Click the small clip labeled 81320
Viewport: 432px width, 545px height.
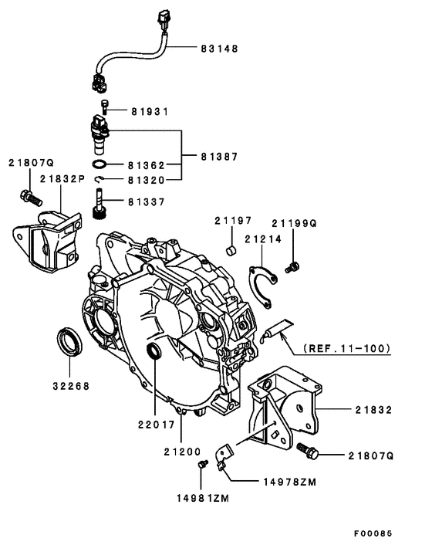(100, 181)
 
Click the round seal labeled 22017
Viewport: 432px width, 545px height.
(155, 354)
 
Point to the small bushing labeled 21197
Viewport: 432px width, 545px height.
(230, 249)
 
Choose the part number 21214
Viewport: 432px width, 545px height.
(263, 239)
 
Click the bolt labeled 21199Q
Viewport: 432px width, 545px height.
(292, 267)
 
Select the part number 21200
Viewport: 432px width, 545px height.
(182, 450)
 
